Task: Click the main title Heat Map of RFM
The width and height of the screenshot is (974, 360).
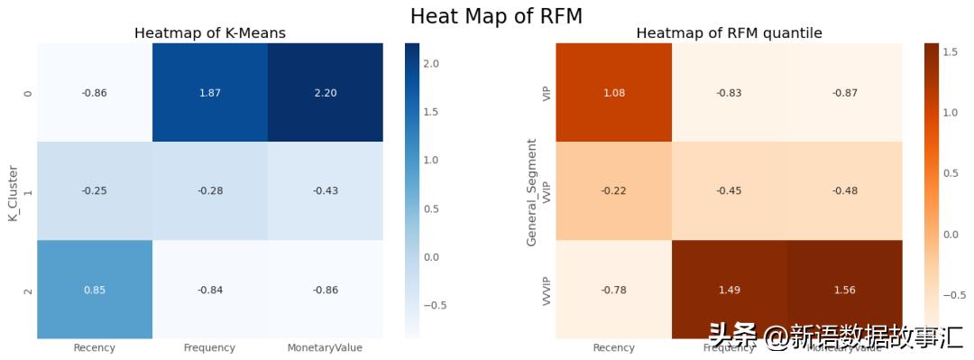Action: pyautogui.click(x=496, y=15)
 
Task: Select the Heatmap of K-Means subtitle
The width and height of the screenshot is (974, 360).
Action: pyautogui.click(x=209, y=33)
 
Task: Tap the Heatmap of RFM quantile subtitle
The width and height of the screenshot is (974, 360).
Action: pyautogui.click(x=729, y=33)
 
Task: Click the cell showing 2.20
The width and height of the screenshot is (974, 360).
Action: pyautogui.click(x=325, y=93)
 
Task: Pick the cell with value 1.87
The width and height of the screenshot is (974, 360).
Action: pyautogui.click(x=209, y=93)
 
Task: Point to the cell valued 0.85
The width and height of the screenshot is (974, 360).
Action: pyautogui.click(x=95, y=290)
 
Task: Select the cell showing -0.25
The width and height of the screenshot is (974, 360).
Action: pyautogui.click(x=95, y=191)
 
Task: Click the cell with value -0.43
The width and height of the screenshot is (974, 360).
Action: pyautogui.click(x=325, y=191)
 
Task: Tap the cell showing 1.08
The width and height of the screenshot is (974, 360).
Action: pyautogui.click(x=614, y=93)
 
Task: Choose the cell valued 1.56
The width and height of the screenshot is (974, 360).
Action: pyautogui.click(x=844, y=290)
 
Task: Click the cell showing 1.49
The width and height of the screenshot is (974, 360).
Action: pyautogui.click(x=729, y=290)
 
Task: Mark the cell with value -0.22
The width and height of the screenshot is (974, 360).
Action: pyautogui.click(x=614, y=191)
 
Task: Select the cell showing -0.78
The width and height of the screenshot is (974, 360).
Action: pyautogui.click(x=614, y=290)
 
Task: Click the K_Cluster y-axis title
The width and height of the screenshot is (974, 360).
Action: pyautogui.click(x=14, y=191)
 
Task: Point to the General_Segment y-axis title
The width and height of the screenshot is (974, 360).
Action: pyautogui.click(x=532, y=191)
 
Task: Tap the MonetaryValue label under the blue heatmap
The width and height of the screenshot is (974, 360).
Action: pyautogui.click(x=325, y=348)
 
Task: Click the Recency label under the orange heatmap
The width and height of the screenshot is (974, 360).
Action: pyautogui.click(x=614, y=348)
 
